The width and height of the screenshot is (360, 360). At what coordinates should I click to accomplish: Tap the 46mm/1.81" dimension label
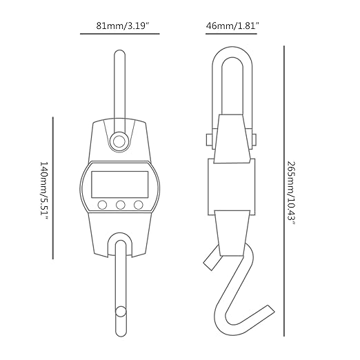coord(232,26)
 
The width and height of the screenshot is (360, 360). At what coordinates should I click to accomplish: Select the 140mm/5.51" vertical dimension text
coord(43,190)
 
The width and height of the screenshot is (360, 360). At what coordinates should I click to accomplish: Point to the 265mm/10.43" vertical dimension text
coord(292,193)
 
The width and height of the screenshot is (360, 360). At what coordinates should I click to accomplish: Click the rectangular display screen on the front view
coord(120,184)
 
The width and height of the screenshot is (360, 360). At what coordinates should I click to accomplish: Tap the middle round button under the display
coord(121,205)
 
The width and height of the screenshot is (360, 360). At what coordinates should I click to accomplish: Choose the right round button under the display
coord(139,205)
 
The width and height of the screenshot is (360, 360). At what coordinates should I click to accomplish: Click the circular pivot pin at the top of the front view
coord(119,141)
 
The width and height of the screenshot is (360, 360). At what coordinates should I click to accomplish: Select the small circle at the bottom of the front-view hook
coord(121,312)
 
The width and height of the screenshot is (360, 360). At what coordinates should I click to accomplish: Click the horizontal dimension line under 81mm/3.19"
coord(120,34)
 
